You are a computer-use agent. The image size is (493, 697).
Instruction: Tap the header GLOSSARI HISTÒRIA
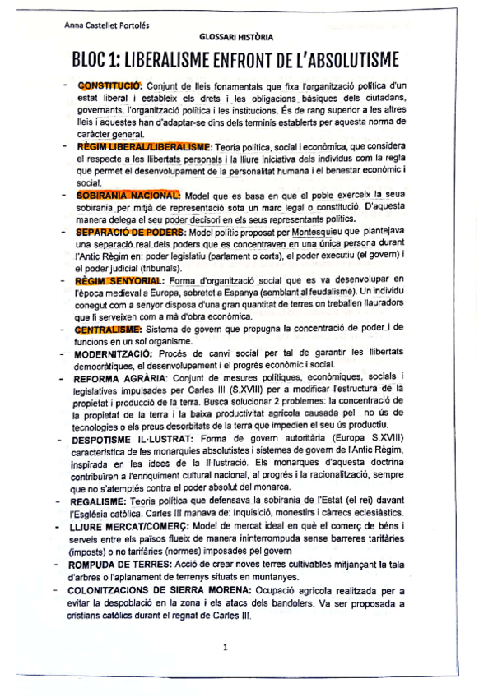coord(237,37)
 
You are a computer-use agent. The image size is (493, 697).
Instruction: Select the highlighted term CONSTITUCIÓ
coord(109,85)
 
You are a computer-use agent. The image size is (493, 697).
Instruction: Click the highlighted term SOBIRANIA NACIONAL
coord(128,196)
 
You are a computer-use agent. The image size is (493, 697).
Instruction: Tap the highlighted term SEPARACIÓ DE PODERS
coord(130,233)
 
